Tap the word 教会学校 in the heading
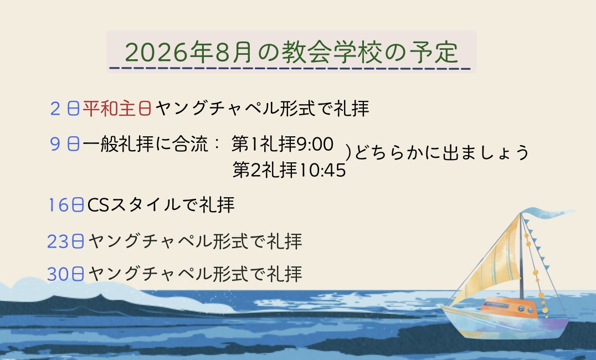331,52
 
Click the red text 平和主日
117,109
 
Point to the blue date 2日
65,109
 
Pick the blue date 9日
65,144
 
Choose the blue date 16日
66,205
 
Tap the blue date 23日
65,241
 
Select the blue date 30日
65,274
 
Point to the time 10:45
322,170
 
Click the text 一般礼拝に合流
145,144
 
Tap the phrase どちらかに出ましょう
441,152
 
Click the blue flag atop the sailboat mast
547,213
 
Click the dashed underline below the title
290,69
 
